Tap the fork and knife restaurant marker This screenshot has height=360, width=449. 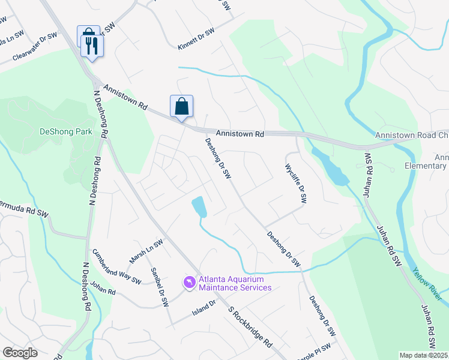tap(92, 45)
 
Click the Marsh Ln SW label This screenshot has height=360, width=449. tap(146, 252)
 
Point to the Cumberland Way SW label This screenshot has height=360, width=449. tap(116, 267)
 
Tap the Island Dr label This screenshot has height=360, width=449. tap(203, 308)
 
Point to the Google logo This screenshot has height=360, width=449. tap(20, 353)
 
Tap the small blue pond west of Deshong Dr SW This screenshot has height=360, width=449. tap(199, 207)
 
